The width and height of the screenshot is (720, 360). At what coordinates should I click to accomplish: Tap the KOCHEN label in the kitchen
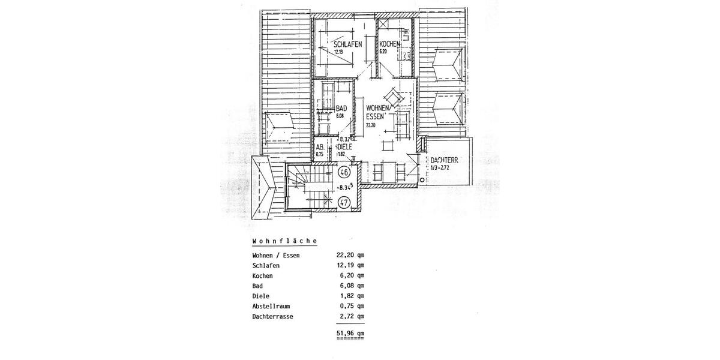tap(389, 44)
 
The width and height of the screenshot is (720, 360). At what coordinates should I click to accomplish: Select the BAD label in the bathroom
tap(341, 109)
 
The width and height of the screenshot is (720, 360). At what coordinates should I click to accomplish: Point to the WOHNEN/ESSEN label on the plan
tap(379, 112)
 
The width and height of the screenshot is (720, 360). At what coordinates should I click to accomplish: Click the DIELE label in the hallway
tap(344, 146)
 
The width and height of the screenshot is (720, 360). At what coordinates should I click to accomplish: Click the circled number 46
tap(344, 173)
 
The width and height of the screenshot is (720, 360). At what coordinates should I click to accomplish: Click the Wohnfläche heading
tap(284, 241)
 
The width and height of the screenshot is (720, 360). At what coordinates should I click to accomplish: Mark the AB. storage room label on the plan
tap(320, 146)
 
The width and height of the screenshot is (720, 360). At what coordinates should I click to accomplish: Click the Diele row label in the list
tap(262, 296)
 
